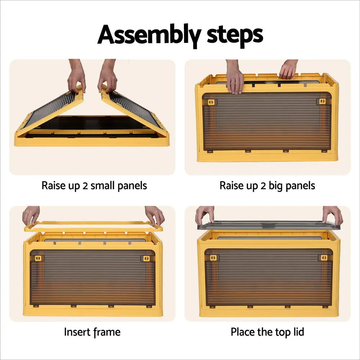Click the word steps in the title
[x=235, y=35]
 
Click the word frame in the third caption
[x=107, y=332]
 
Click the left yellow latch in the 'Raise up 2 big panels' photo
[x=211, y=102]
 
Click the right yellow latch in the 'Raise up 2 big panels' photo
[x=322, y=101]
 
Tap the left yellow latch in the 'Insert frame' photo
[x=38, y=258]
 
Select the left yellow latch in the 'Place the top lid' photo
[x=213, y=258]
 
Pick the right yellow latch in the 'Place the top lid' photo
[x=324, y=258]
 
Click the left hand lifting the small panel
[x=77, y=76]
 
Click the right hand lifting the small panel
[x=107, y=76]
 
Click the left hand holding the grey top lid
[x=205, y=215]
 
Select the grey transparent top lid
[x=269, y=225]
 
